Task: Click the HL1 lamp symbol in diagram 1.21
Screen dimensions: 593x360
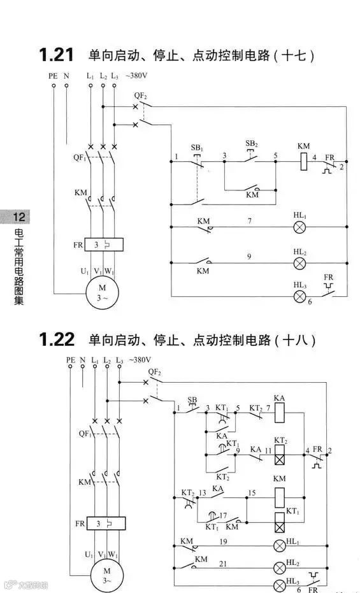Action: click(299, 227)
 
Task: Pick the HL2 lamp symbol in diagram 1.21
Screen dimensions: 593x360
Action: click(299, 262)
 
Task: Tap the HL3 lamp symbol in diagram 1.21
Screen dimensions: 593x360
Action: click(299, 296)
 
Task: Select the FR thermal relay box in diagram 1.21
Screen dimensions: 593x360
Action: click(103, 245)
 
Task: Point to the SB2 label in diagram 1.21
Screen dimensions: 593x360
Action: click(252, 143)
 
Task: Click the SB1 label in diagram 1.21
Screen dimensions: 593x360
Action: click(197, 148)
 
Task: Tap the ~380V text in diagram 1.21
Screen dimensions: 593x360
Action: click(136, 76)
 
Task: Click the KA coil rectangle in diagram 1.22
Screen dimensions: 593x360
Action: click(279, 415)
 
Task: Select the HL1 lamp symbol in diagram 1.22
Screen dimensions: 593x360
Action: click(278, 545)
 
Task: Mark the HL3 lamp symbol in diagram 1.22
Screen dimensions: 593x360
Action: click(278, 585)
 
